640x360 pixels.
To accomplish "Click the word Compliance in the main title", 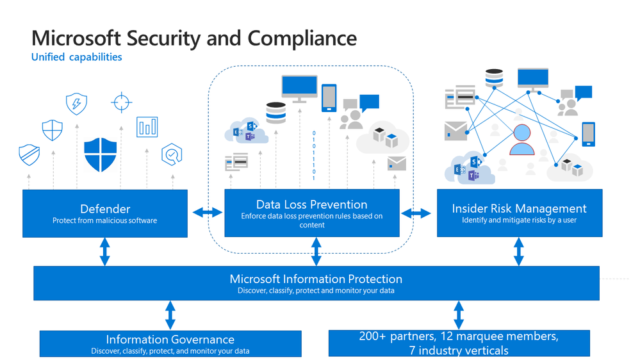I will (x=302, y=38).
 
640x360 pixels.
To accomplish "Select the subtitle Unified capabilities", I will (x=76, y=57).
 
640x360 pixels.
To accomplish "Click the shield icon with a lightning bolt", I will (x=76, y=103).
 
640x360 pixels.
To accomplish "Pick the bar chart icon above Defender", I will (x=147, y=127).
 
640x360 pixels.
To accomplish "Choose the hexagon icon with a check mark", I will (x=172, y=154).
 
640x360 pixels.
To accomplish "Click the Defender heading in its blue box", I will (x=105, y=209).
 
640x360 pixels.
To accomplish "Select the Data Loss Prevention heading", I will (x=311, y=204).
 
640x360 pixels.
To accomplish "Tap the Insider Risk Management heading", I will (x=519, y=208).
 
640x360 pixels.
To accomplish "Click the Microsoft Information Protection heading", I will (x=316, y=279).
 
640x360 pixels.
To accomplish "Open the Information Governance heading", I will (x=170, y=340).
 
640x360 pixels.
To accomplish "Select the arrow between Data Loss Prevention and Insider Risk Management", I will (x=416, y=213).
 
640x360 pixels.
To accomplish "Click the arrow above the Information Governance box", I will (x=170, y=315).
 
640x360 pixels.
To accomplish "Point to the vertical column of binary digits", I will (x=313, y=156).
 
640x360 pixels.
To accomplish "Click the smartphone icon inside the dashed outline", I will (x=329, y=97).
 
